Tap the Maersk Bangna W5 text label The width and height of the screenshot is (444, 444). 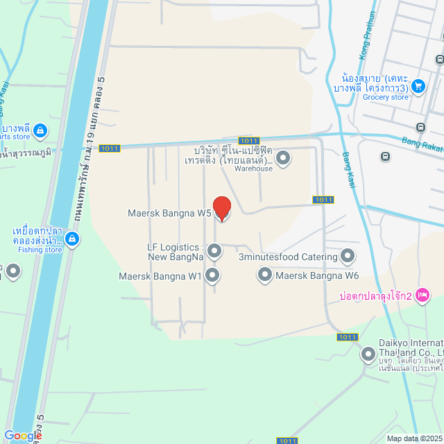coord(169,213)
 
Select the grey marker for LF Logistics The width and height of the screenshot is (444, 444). coord(214,250)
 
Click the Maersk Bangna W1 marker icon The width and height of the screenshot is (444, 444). coord(213,275)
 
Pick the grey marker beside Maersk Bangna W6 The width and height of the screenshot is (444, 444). coord(264,275)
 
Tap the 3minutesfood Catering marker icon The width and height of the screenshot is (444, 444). coord(348,257)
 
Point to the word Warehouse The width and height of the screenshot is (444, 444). coord(253,169)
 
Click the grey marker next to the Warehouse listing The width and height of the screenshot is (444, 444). coord(283,159)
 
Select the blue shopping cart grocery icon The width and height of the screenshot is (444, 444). coord(418,86)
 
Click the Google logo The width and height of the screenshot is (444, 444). coord(23,436)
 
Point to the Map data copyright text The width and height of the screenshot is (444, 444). coord(414,438)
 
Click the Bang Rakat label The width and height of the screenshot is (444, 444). coord(422,146)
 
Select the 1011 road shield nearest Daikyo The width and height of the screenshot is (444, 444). coord(347,337)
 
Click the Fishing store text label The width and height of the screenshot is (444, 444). coord(40,250)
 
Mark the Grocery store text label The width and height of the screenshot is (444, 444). coord(386,97)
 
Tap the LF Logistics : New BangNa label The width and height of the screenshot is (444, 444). coord(176,252)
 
